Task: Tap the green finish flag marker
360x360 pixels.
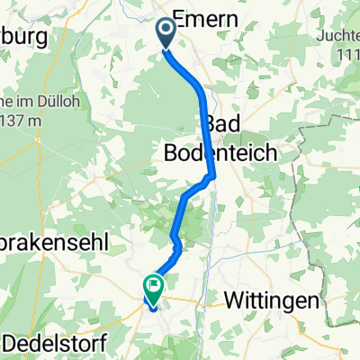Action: (x=152, y=290)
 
